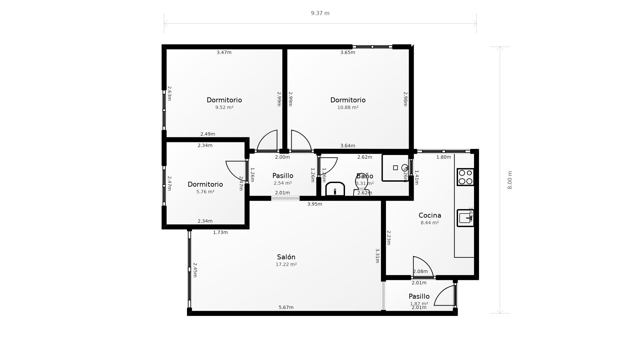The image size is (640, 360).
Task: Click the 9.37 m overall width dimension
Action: (320, 13)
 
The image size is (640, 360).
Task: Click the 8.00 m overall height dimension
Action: (510, 180)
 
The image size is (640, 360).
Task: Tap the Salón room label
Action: (286, 257)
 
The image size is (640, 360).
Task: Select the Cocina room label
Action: (430, 215)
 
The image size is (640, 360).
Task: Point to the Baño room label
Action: (365, 176)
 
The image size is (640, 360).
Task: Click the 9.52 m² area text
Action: (224, 107)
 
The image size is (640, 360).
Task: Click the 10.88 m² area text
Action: (348, 107)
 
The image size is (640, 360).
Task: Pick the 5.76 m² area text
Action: (205, 192)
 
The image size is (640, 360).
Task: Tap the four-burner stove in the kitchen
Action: (465, 177)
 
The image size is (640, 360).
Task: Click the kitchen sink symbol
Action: (465, 218)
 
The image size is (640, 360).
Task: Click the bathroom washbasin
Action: (335, 189)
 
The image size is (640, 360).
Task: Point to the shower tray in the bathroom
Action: (395, 168)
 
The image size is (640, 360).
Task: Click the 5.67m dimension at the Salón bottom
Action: (286, 307)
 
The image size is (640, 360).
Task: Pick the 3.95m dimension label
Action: (314, 204)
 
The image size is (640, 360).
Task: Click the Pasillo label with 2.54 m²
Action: (283, 176)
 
